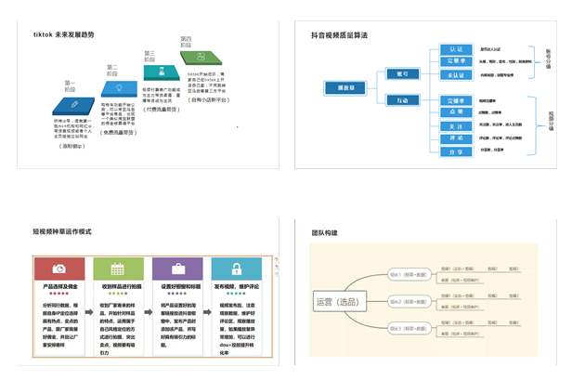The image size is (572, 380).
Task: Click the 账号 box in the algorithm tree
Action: (402, 72)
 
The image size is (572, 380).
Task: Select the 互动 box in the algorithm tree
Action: (402, 99)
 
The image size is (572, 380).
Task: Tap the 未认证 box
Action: (455, 75)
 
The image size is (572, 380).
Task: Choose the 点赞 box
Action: (455, 111)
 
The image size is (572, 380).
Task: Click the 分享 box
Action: (455, 149)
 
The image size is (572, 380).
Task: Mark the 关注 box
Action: (455, 124)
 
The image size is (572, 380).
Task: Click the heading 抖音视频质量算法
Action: (339, 35)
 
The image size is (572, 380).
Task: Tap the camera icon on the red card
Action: (59, 269)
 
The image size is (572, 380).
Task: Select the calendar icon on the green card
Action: (118, 269)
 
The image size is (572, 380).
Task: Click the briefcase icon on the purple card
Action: (177, 269)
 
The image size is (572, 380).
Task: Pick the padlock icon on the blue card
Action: (236, 269)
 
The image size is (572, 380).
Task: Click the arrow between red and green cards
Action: (89, 269)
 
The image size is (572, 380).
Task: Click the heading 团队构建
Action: (324, 232)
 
